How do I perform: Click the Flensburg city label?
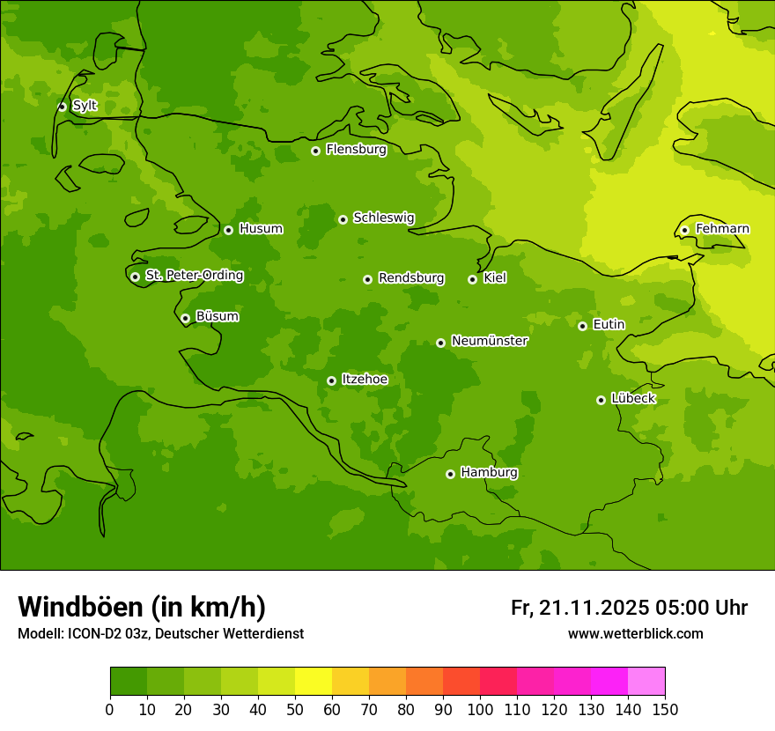tap(356, 150)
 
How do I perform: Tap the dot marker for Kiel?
tap(472, 279)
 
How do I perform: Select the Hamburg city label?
tap(489, 473)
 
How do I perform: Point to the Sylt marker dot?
tap(62, 107)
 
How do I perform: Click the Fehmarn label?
tap(722, 229)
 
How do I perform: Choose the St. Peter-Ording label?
tap(194, 276)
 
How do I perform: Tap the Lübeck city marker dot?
tap(601, 400)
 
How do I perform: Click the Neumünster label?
tap(489, 341)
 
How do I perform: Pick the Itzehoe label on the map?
tap(365, 380)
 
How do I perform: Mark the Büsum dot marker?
tap(185, 318)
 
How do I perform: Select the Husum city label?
tap(261, 229)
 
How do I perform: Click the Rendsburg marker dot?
tap(367, 279)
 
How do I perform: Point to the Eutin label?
tap(609, 325)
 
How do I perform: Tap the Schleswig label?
tap(383, 218)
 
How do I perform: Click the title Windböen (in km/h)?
tap(142, 607)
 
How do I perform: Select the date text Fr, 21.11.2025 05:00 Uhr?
tap(629, 608)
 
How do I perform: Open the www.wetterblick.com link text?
tap(635, 634)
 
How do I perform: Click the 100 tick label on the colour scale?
tap(480, 709)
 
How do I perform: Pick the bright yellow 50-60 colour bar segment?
tap(314, 682)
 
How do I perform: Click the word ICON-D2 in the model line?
tap(94, 634)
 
